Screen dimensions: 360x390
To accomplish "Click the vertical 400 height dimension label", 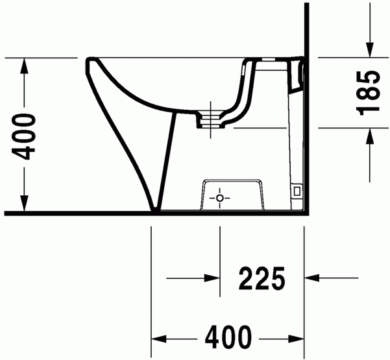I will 25,136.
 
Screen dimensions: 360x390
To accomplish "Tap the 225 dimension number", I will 262,279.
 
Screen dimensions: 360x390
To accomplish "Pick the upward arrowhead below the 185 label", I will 369,135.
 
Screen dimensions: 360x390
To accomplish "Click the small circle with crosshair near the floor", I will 220,197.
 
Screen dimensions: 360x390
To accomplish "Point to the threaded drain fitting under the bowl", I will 210,119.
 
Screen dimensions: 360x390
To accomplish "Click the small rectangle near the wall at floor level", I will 297,191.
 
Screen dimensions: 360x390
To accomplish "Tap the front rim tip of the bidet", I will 88,62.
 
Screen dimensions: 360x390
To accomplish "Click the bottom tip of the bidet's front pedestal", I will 155,209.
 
